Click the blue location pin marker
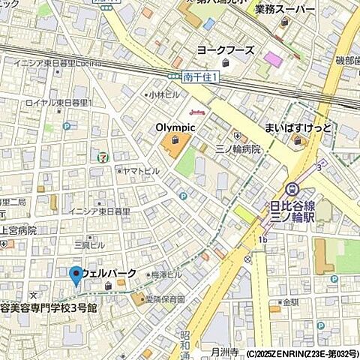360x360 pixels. pyautogui.click(x=76, y=275)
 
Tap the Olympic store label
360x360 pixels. pyautogui.click(x=175, y=127)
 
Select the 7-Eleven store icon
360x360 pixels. pyautogui.click(x=101, y=156)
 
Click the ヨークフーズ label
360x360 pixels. pyautogui.click(x=225, y=50)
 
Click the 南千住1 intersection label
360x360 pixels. pyautogui.click(x=199, y=76)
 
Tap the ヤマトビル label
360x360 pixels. pyautogui.click(x=141, y=172)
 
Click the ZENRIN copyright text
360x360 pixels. pyautogui.click(x=301, y=353)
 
